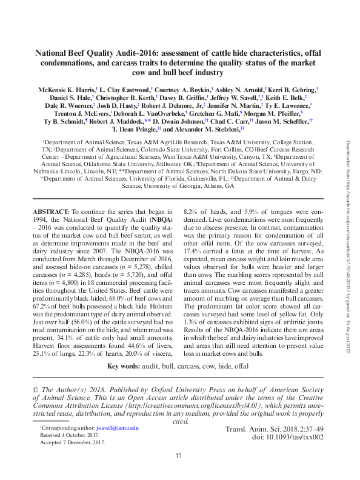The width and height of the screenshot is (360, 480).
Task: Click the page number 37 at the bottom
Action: tap(178, 456)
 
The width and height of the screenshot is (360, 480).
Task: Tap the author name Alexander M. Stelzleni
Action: tap(205, 129)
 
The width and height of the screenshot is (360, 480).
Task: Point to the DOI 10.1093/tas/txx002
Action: tap(284, 438)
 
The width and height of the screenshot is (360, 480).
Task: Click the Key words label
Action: tap(124, 367)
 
